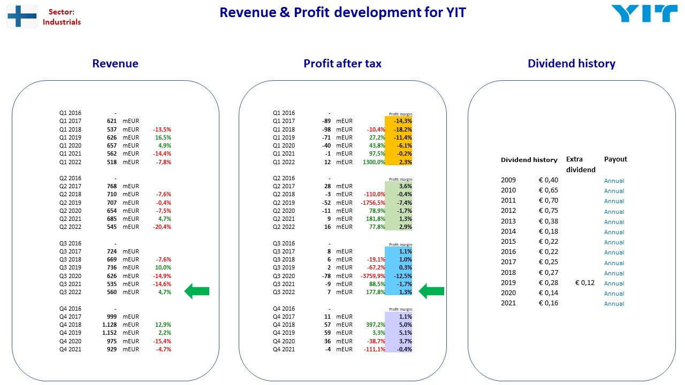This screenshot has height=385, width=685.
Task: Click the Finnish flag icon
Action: coord(22,16)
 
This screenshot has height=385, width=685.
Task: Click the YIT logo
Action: coord(644,13)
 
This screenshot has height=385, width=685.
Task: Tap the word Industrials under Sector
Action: coord(62,22)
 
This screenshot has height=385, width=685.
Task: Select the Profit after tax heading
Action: coord(342,64)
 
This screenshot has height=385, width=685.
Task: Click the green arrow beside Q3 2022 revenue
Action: coord(197,291)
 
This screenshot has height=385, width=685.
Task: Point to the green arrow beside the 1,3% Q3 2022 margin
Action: coord(431,291)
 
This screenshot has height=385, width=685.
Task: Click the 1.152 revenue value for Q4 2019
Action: coord(110,333)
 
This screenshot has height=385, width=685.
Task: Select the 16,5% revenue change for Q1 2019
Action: coord(163,137)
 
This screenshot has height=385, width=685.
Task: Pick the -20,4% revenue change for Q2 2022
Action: coord(162,227)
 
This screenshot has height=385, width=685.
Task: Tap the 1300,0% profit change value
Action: coord(374,162)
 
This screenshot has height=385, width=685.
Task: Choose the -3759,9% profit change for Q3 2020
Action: coord(373,276)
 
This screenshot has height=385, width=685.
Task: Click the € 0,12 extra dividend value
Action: coord(585,283)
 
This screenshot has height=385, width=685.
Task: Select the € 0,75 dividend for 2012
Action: coord(549,211)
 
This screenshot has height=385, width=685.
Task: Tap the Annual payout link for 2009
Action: coord(614,181)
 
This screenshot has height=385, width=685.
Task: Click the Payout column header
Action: coord(615,159)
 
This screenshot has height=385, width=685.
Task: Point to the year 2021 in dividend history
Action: coord(508,303)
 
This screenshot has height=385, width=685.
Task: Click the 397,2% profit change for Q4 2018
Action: coord(376,325)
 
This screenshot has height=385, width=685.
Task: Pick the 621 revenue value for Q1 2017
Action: coord(112,121)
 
